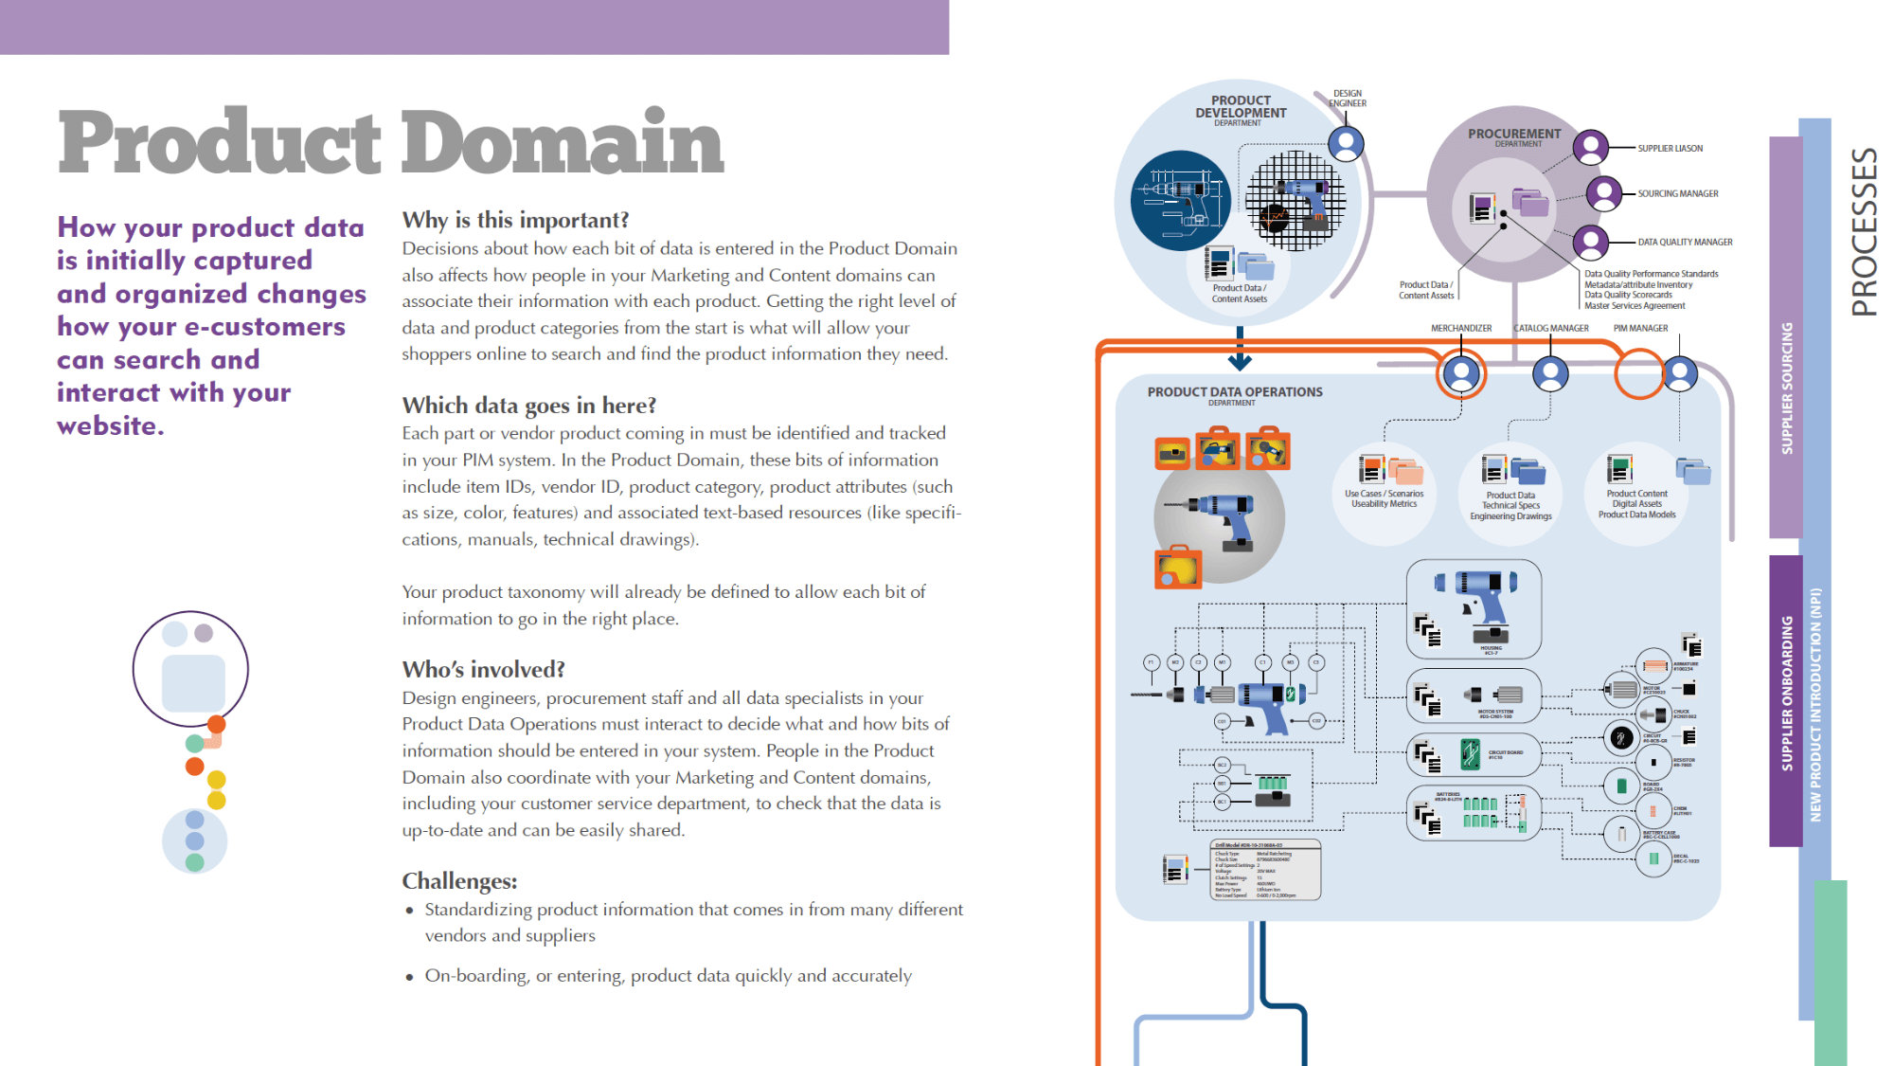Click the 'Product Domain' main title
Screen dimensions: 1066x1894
(391, 142)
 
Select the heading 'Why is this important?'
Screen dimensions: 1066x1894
(515, 220)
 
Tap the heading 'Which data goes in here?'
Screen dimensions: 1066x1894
(528, 406)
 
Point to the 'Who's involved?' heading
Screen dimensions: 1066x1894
(483, 670)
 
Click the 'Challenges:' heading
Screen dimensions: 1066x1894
(459, 881)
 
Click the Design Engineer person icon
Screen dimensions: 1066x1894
(1346, 144)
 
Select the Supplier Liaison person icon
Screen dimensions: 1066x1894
(1591, 148)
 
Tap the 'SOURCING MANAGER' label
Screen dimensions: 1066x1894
(1677, 194)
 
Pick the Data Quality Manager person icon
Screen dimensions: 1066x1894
(1591, 242)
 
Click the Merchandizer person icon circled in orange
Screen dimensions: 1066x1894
(1461, 373)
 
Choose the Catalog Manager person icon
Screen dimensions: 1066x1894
(1550, 373)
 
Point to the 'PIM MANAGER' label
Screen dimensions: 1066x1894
(1640, 329)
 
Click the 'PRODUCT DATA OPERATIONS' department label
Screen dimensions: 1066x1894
(1235, 392)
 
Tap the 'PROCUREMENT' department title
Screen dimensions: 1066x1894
(1514, 135)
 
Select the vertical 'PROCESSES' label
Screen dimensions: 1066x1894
(1864, 231)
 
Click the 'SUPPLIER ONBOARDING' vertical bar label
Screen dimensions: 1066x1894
(1787, 693)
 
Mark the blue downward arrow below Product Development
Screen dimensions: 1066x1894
(1240, 357)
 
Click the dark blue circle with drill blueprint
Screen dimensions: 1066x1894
(1180, 201)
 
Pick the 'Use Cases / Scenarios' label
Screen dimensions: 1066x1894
(1384, 494)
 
